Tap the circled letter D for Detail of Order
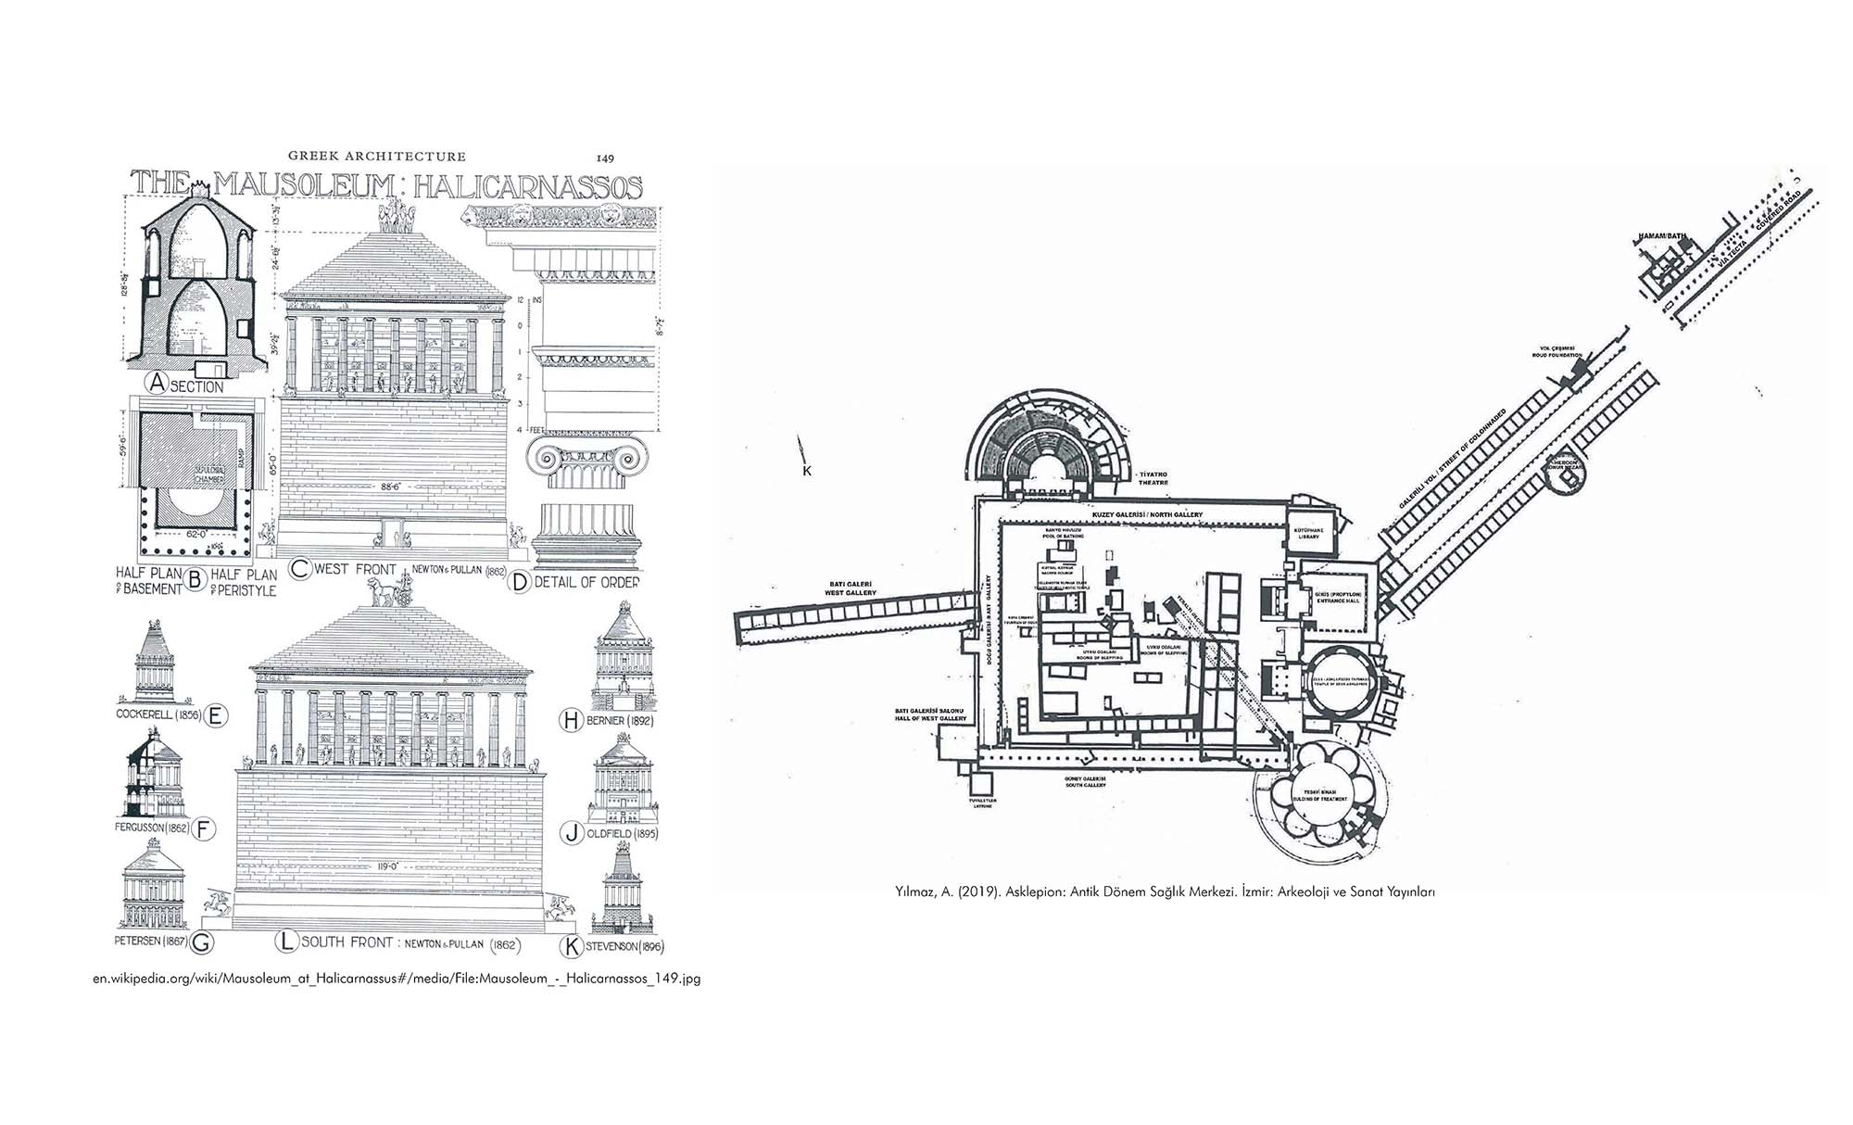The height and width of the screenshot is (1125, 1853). pyautogui.click(x=520, y=581)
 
